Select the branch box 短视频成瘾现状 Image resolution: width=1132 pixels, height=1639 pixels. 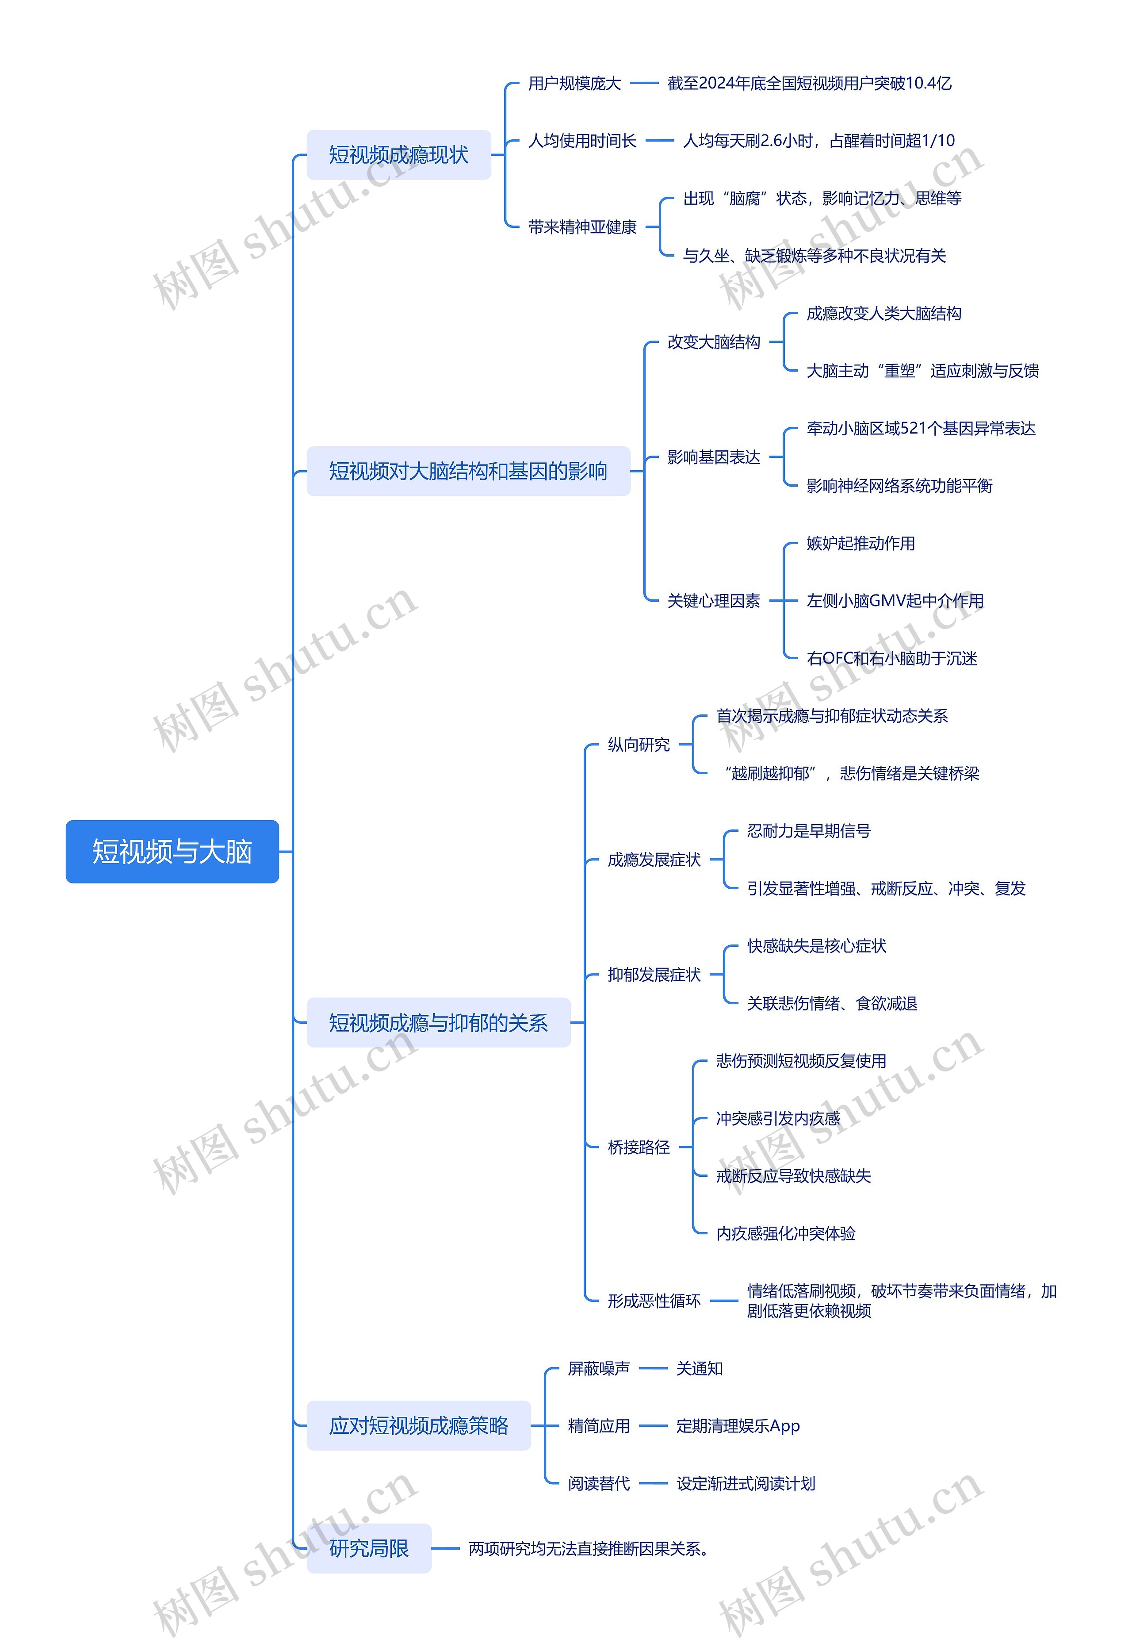(398, 155)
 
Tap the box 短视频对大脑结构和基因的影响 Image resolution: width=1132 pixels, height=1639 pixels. (468, 471)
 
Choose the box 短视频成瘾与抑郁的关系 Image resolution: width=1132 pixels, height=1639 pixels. (438, 1022)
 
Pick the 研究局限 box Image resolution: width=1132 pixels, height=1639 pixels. (369, 1548)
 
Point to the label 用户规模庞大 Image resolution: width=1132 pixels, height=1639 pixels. (574, 84)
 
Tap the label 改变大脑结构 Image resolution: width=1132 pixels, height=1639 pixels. (714, 342)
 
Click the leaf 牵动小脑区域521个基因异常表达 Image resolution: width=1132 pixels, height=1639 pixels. (921, 429)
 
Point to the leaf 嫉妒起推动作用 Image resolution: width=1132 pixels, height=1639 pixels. (860, 544)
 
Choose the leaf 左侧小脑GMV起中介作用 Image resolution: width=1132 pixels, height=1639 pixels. (895, 601)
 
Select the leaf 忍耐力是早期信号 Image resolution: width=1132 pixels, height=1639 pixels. (809, 831)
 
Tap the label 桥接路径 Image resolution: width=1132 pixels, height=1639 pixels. (639, 1148)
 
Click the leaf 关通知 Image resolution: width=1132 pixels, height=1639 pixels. (700, 1369)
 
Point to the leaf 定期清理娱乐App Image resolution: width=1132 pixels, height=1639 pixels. (738, 1426)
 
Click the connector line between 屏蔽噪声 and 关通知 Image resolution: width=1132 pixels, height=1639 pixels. (653, 1369)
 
